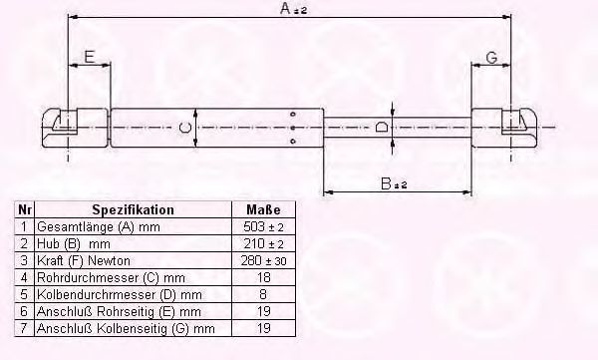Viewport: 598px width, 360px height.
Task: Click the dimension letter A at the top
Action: (x=286, y=8)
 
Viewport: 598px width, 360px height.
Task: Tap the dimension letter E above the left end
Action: (x=90, y=57)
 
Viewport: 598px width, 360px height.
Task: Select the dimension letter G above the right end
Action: (x=492, y=58)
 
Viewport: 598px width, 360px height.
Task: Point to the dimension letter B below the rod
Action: (x=386, y=183)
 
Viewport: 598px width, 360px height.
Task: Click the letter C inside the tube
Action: (x=185, y=127)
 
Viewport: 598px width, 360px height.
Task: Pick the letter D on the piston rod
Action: (x=381, y=127)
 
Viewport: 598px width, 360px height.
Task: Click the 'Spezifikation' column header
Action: (x=134, y=209)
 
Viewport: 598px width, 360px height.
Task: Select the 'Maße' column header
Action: (x=263, y=209)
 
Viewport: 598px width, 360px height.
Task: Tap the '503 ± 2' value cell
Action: (x=263, y=226)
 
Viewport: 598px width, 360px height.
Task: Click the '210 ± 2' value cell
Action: (x=263, y=243)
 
